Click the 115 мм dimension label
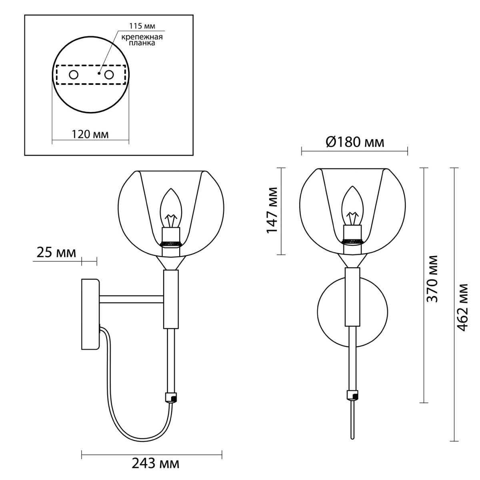tap(142, 26)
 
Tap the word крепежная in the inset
tap(142, 37)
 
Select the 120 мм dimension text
tap(90, 134)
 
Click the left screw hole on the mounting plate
tap(74, 74)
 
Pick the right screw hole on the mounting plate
tap(109, 74)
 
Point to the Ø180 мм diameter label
tap(355, 142)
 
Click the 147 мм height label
tap(272, 210)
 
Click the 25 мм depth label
tap(56, 253)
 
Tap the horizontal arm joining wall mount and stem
tap(131, 299)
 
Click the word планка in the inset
tap(142, 43)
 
